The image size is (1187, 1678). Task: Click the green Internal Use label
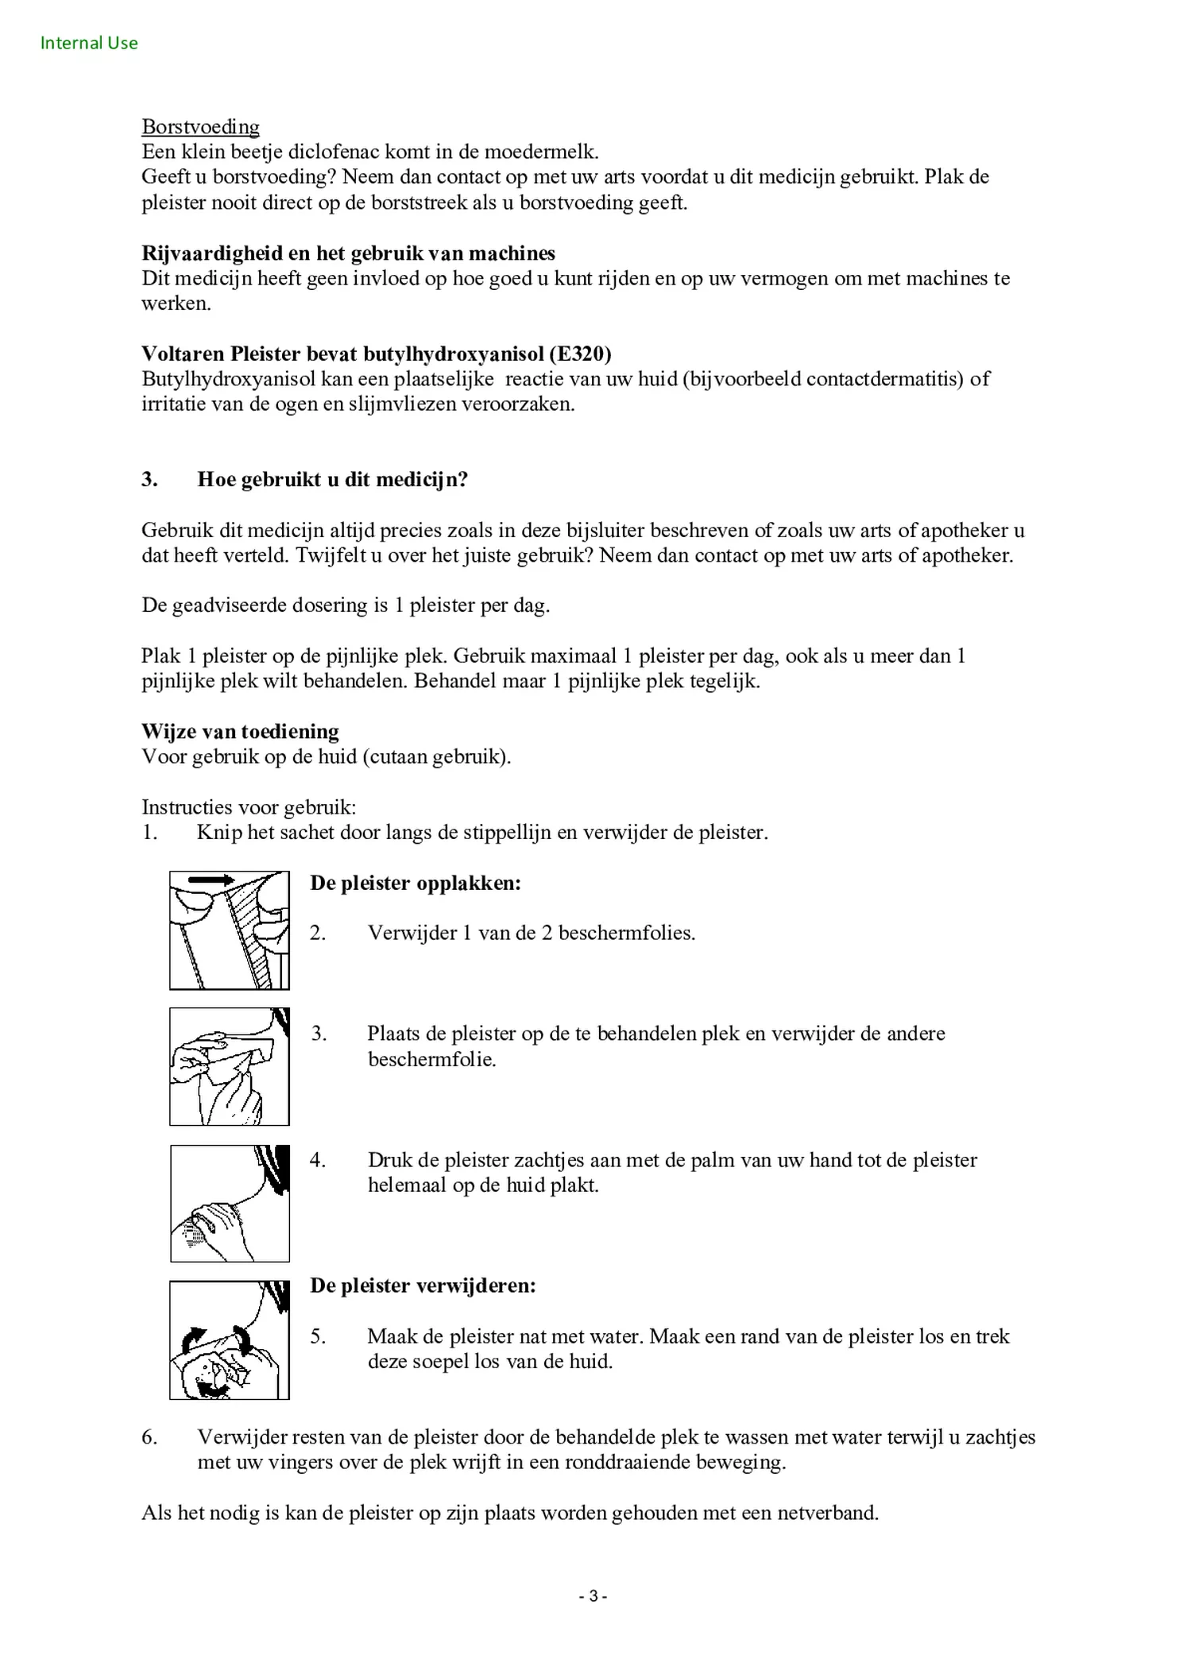[x=89, y=43]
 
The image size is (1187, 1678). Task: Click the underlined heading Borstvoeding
[x=200, y=127]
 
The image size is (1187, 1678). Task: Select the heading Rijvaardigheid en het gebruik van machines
[x=348, y=253]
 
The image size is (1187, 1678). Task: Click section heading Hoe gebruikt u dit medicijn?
[x=332, y=480]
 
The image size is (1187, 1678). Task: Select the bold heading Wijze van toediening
[x=240, y=732]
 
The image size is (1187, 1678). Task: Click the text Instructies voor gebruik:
[x=249, y=808]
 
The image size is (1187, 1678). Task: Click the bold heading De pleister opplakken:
[x=415, y=883]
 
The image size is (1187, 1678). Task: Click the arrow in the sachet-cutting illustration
[x=211, y=880]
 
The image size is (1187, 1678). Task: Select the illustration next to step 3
[x=229, y=1066]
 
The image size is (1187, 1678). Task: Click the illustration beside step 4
[x=229, y=1203]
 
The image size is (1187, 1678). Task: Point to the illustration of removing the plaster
[x=229, y=1340]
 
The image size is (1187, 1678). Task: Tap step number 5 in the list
[x=318, y=1337]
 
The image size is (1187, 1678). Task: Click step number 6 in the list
[x=149, y=1437]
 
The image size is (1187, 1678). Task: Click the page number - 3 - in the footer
[x=593, y=1596]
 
